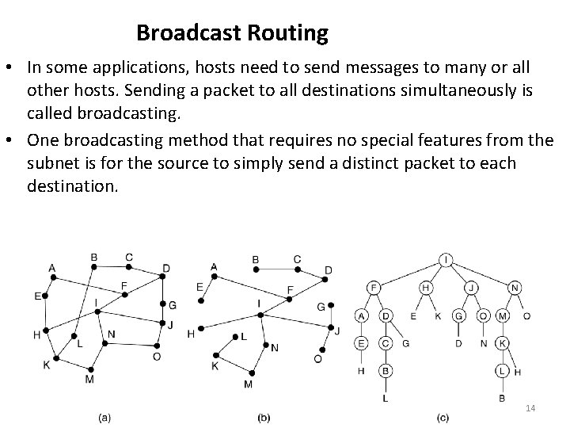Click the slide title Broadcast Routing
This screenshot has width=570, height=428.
[x=232, y=33]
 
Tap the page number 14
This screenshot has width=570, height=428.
[x=530, y=407]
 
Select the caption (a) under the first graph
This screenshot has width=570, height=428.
[x=104, y=417]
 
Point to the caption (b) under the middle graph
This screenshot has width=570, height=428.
[x=264, y=417]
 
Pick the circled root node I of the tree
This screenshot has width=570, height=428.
[x=448, y=259]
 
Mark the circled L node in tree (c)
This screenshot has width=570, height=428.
[x=502, y=370]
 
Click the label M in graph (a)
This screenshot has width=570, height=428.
[x=89, y=379]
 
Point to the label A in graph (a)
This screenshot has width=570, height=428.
[x=51, y=268]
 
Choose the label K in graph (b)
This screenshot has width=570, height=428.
[x=215, y=365]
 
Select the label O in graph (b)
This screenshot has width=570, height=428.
[x=317, y=358]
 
